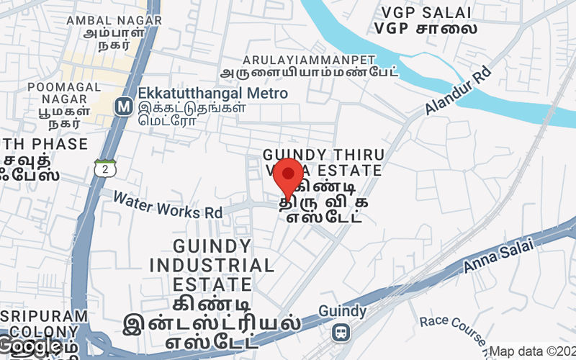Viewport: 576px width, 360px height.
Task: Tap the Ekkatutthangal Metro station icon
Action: coord(123,107)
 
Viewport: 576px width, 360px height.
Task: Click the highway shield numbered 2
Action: coord(105,168)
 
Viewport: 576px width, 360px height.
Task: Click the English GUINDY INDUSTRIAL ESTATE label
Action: coord(212,264)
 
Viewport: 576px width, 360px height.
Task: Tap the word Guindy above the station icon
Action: coord(343,311)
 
